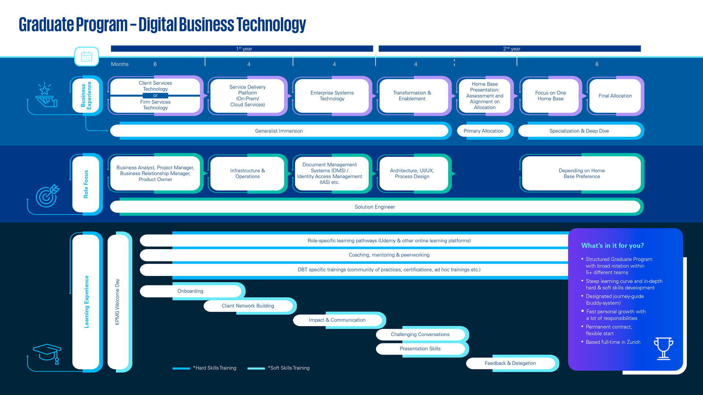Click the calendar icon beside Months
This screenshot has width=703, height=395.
[x=86, y=57]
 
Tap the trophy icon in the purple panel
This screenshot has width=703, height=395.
[x=663, y=348]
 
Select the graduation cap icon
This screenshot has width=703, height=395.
[x=47, y=353]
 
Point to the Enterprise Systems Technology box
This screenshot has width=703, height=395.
[x=332, y=96]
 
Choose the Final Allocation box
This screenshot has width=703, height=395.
[x=615, y=96]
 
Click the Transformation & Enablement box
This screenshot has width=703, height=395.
[x=412, y=96]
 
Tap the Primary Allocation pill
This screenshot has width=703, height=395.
[x=483, y=131]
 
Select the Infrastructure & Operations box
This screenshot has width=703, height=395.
[x=247, y=173]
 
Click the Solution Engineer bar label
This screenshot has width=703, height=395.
[x=375, y=207]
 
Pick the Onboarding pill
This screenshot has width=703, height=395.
[x=190, y=291]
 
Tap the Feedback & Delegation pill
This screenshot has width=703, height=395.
[x=510, y=363]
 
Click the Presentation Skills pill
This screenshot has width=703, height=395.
[x=420, y=349]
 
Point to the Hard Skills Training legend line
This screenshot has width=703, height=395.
[x=181, y=368]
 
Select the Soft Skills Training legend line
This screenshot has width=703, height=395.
[x=256, y=368]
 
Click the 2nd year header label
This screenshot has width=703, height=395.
[x=512, y=49]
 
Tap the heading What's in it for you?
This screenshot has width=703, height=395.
[x=612, y=246]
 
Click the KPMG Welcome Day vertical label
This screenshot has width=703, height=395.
[x=117, y=302]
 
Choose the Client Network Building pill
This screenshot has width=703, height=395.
[x=248, y=306]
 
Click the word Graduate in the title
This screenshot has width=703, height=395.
[x=46, y=25]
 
